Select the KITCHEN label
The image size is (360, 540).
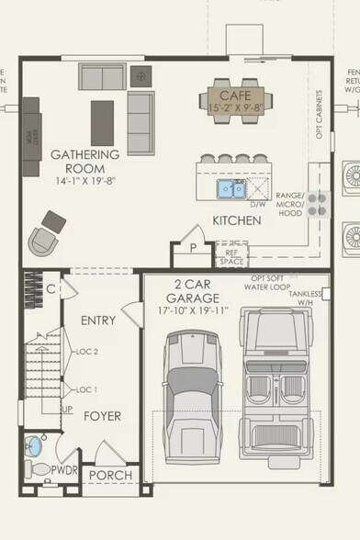237,220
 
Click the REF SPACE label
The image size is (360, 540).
231,255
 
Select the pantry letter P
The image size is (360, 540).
194,248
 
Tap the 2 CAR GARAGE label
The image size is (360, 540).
193,291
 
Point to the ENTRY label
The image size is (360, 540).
97,321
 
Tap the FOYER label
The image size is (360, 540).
103,416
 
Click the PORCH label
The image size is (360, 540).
112,475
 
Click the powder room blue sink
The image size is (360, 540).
34,446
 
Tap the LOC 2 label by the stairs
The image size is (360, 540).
88,351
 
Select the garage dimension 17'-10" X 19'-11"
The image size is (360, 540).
193,310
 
